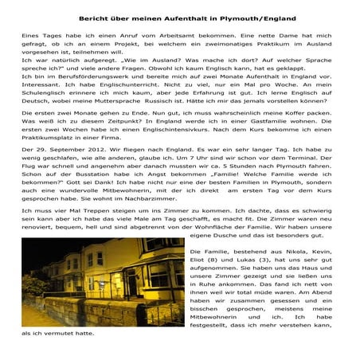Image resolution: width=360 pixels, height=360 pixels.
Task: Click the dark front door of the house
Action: pyautogui.click(x=120, y=294)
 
